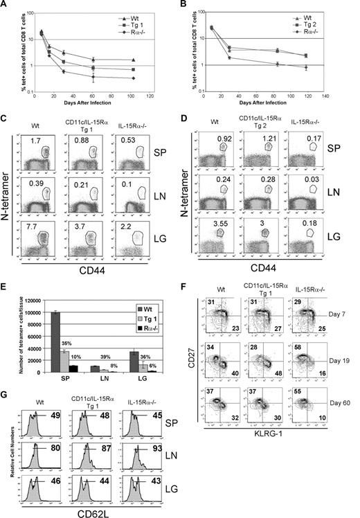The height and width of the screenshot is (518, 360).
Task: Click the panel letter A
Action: (6, 6)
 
